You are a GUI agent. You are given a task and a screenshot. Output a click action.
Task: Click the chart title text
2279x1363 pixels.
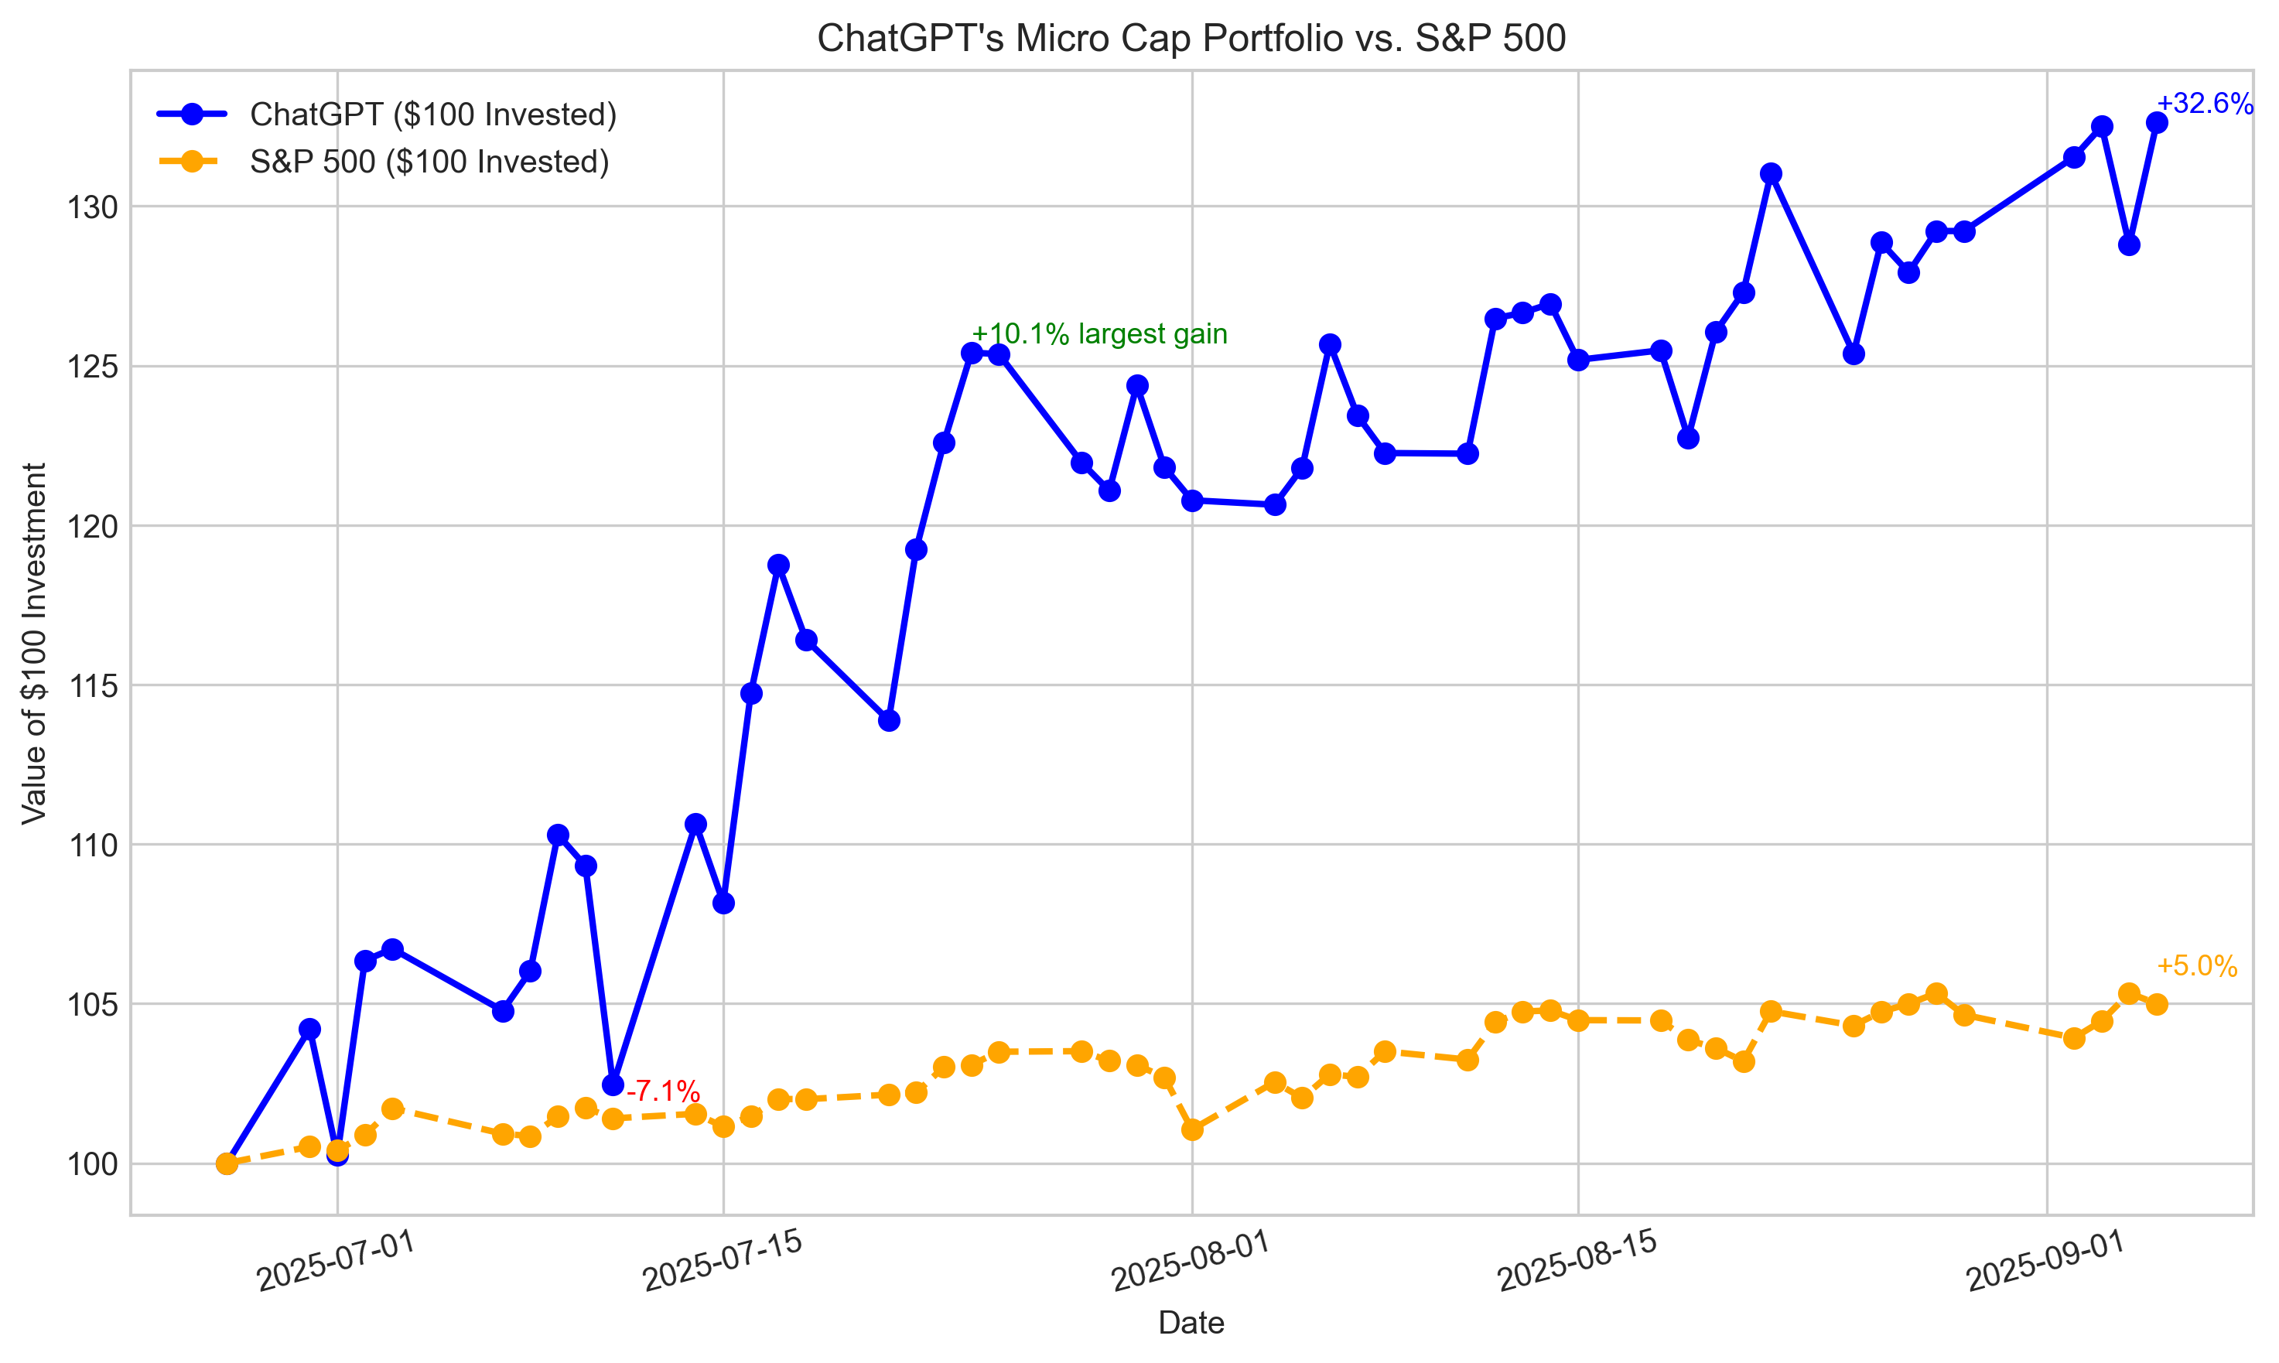coord(1191,39)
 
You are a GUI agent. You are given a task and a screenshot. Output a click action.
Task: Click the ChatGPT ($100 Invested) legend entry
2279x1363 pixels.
coord(432,114)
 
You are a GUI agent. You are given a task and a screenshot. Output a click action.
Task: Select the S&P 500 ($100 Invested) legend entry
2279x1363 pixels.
coord(429,162)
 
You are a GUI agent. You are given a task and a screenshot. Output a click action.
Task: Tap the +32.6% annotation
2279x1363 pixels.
coord(2204,104)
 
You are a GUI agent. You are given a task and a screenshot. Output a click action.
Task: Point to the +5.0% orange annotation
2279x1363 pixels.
coord(2196,966)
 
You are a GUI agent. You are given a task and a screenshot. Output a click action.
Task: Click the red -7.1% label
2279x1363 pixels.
coord(663,1091)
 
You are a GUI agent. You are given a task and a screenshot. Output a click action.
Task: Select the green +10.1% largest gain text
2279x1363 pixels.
coord(1099,334)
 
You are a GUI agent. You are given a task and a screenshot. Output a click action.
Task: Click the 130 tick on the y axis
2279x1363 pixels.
coord(93,207)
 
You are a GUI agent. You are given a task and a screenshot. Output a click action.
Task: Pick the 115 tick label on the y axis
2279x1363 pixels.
coord(93,686)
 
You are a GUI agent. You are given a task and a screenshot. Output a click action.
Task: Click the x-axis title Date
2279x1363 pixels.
coord(1191,1323)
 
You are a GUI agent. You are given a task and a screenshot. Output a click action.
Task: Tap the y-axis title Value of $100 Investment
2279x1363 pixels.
coord(34,643)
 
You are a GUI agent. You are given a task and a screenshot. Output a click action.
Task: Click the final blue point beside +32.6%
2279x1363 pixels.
coord(2157,123)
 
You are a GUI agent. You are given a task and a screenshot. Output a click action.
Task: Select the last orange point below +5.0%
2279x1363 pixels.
coord(2157,1005)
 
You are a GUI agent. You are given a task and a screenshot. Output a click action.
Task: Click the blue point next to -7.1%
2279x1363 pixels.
coord(613,1085)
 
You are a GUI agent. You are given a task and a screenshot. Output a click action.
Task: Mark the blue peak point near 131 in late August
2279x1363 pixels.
coord(1772,173)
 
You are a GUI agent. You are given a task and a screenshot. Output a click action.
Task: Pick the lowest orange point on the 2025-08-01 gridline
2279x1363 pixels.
coord(1192,1129)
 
